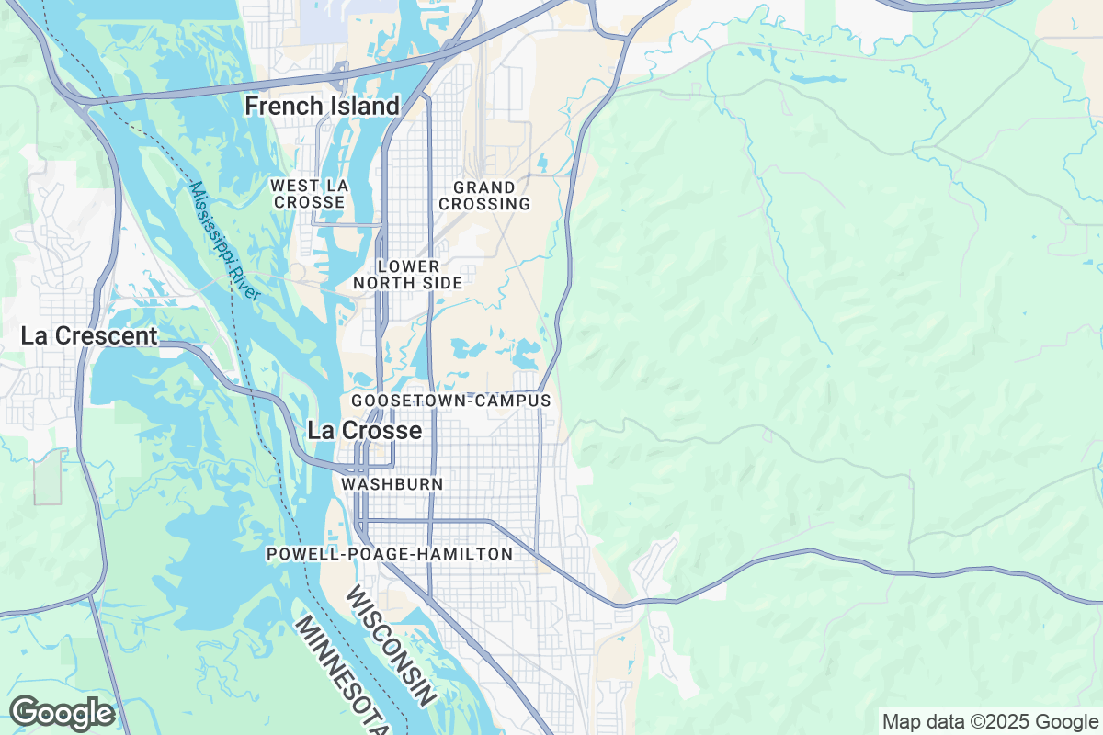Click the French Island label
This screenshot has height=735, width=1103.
pos(322,107)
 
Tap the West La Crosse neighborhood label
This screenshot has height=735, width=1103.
pos(309,194)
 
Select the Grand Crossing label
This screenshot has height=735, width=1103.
pos(484,195)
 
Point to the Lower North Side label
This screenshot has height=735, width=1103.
pos(408,275)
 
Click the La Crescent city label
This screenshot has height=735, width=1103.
pos(89,336)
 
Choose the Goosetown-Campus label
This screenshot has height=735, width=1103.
pos(450,401)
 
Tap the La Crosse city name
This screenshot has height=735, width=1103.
pos(364,430)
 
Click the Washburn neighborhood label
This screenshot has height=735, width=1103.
pos(392,483)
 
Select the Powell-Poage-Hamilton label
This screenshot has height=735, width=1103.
pos(389,554)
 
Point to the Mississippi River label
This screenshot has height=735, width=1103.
pos(226,243)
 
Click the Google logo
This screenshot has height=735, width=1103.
pos(62,713)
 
